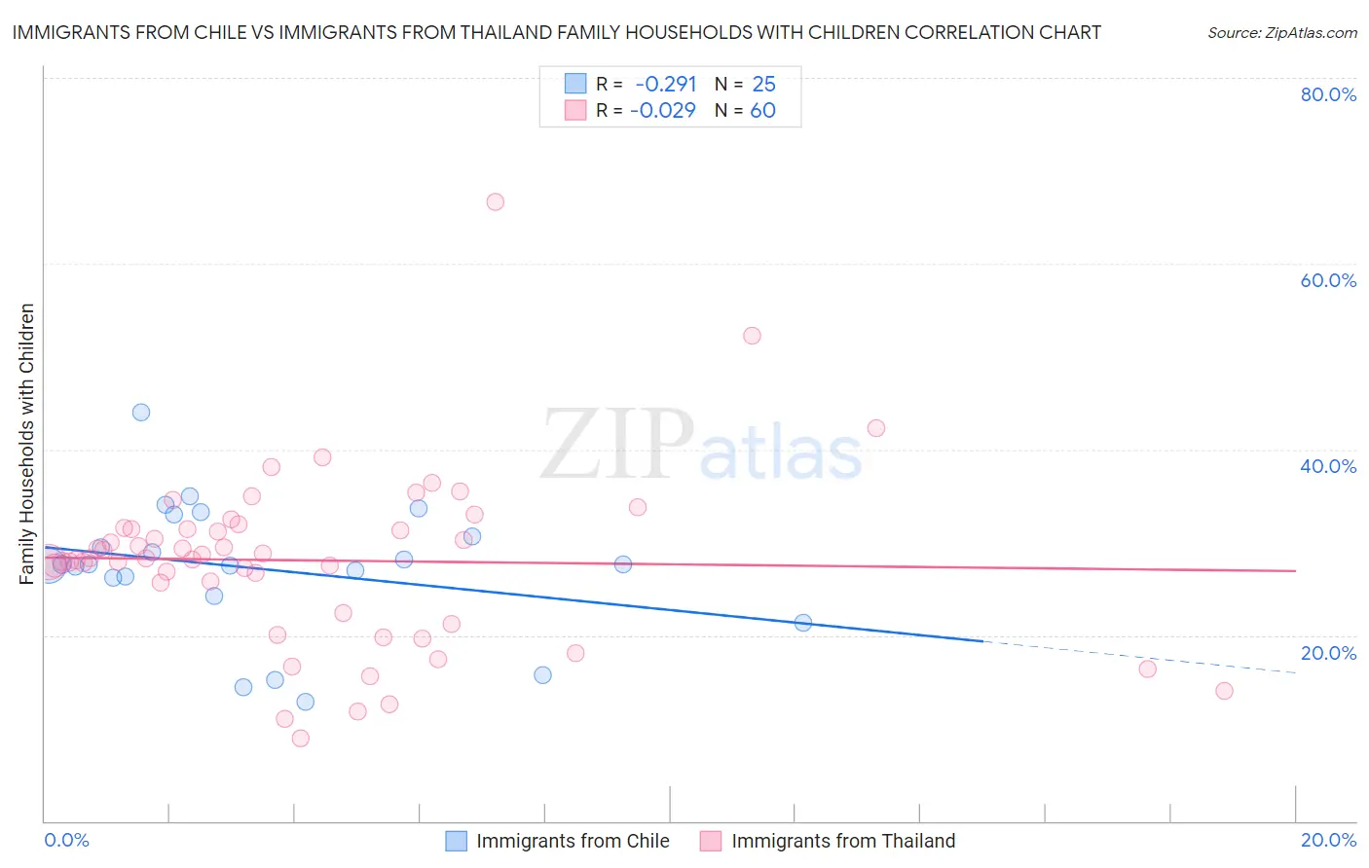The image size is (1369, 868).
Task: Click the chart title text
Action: point(556,32)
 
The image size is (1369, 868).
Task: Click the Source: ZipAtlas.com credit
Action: point(1281,32)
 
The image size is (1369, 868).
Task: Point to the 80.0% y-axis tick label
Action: point(1328,94)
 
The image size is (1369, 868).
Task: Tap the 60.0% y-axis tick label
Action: point(1328,280)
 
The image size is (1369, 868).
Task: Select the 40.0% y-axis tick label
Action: point(1328,466)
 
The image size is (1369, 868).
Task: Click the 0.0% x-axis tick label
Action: point(66,840)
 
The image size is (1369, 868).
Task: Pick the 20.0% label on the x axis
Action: point(1328,840)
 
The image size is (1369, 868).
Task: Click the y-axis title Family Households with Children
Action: point(27,444)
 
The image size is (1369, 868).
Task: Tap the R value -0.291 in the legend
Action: point(665,85)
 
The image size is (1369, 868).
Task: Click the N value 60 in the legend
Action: point(762,111)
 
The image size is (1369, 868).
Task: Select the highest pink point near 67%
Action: point(495,202)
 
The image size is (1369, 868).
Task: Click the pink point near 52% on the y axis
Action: point(752,336)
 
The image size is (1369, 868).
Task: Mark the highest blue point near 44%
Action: point(141,413)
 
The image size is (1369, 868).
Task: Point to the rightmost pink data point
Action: point(1224,691)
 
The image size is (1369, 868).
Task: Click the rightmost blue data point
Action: point(803,623)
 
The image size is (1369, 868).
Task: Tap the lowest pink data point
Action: point(301,739)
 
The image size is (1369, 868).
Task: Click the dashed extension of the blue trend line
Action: point(1139,657)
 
